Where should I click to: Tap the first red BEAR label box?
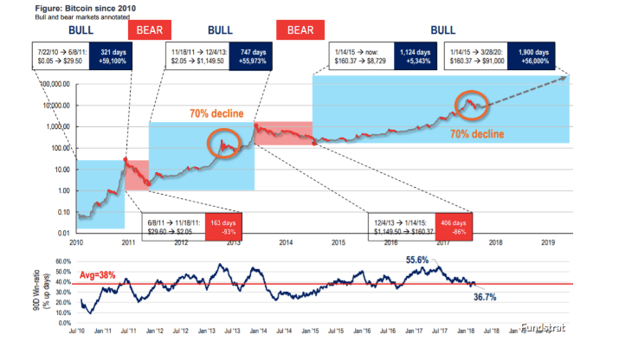pos(143,30)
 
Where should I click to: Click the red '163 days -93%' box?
pos(220,225)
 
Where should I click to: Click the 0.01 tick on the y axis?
pos(62,234)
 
